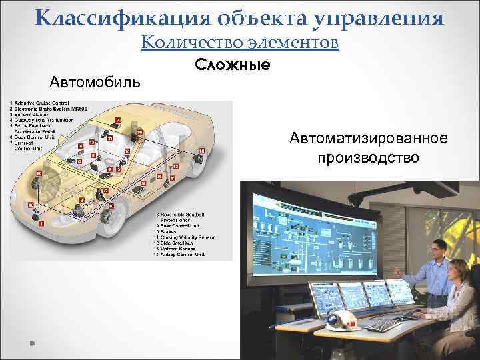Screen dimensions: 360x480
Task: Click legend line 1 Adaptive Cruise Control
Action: click(x=42, y=103)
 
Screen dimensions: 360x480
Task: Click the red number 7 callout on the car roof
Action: click(x=117, y=119)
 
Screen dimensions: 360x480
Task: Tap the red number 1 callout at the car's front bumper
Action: click(x=41, y=225)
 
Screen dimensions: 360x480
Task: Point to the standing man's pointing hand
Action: click(x=395, y=272)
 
